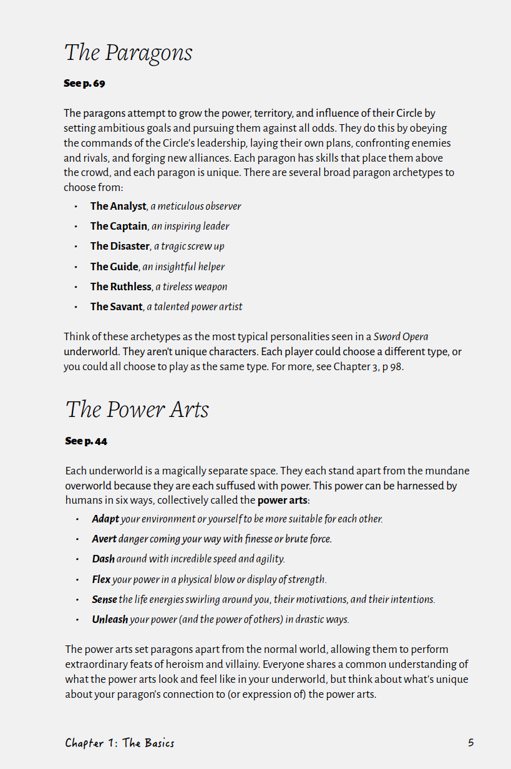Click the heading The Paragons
pos(128,53)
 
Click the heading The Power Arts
pos(137,410)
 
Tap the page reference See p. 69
pos(84,84)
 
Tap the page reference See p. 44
pos(86,441)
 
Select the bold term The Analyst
pos(118,206)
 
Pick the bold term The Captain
pos(119,226)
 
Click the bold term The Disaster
pos(120,246)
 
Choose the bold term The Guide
pos(114,267)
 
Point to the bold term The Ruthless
pos(121,287)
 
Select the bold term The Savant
pos(117,306)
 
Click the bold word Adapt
pos(105,519)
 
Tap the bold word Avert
pos(104,539)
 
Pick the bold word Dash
pos(103,559)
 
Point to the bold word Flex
pos(101,579)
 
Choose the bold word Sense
pos(104,599)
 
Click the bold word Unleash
pos(110,619)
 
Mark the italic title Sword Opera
pos(401,337)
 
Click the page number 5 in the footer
pos(471,743)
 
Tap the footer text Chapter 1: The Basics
pos(120,743)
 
